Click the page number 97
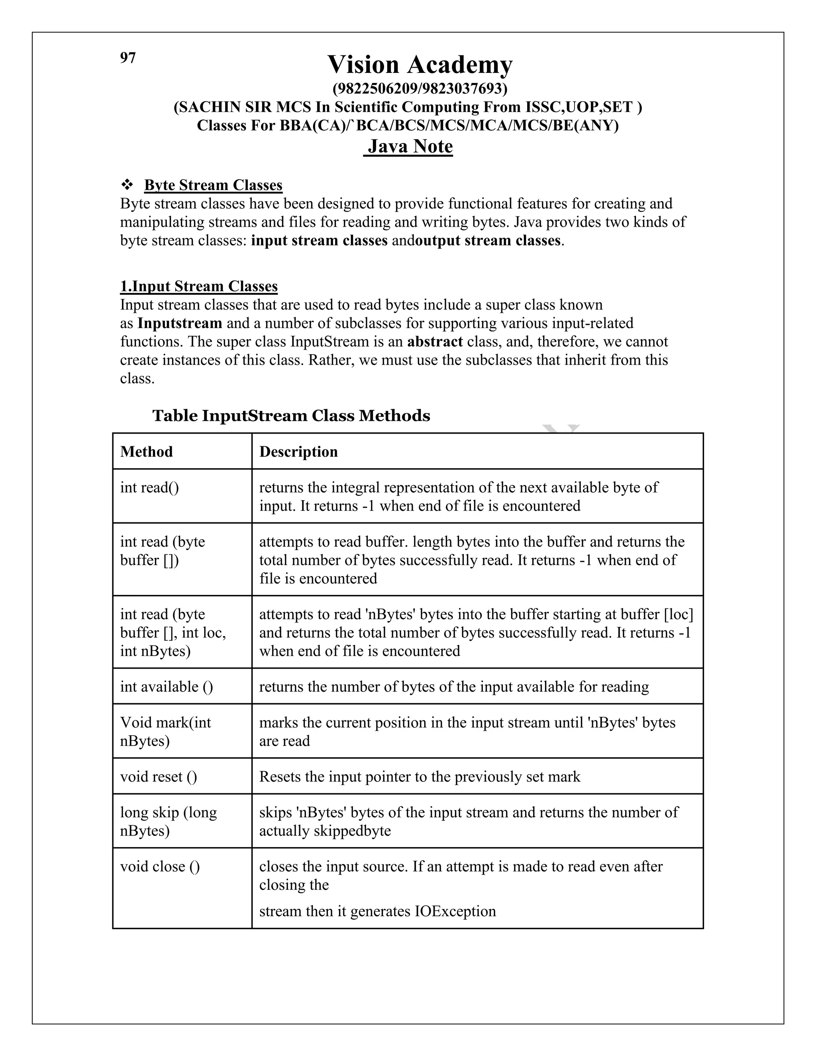(127, 58)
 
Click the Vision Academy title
(420, 64)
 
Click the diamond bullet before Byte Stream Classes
(127, 185)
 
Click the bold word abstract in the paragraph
(435, 342)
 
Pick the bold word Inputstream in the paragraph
(180, 324)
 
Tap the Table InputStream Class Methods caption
(291, 416)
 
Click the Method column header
(147, 451)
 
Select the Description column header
(298, 451)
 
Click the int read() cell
(149, 487)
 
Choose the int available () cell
(166, 687)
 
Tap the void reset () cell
(159, 777)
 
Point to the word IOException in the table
(455, 911)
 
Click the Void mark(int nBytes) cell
(165, 732)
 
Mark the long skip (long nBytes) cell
(168, 822)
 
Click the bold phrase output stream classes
(488, 241)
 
